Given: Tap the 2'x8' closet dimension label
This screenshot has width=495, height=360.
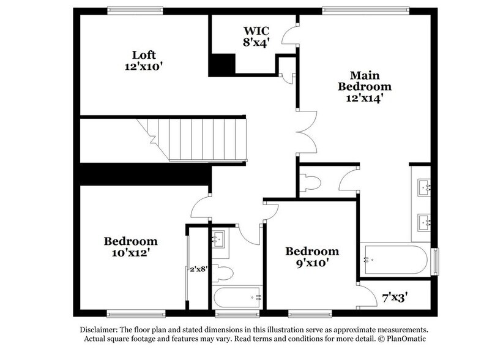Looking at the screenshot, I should click(197, 268).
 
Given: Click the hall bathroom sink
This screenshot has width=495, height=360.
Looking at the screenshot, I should click(219, 239).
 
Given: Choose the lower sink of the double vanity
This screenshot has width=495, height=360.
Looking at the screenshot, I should click(423, 220).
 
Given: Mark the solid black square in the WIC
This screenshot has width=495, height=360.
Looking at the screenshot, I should click(223, 64).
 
